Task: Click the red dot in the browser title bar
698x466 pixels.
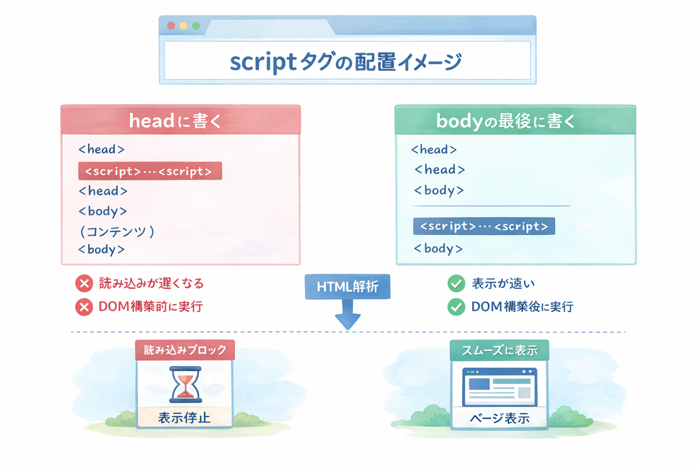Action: [171, 26]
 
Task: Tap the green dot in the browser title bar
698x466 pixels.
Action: [196, 26]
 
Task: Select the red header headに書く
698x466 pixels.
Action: [180, 120]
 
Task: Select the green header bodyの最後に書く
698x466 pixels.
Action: [515, 120]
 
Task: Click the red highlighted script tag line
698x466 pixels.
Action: [150, 171]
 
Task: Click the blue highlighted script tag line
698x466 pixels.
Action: [484, 226]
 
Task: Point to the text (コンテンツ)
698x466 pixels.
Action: [117, 232]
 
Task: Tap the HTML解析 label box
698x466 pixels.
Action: [347, 287]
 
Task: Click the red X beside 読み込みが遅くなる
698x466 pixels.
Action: [84, 284]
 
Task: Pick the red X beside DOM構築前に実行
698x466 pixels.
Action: [84, 307]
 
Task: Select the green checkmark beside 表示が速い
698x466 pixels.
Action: [456, 284]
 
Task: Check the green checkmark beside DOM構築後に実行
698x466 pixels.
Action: [456, 307]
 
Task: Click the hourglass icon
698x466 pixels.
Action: [185, 385]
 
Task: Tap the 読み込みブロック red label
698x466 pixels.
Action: [185, 350]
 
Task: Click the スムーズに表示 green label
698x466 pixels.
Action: [499, 350]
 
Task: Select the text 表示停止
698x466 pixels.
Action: [184, 418]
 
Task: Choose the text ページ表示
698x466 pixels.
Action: [499, 418]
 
